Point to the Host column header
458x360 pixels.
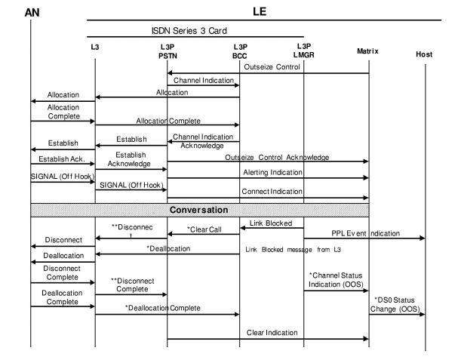(424, 54)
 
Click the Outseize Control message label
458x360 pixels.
(272, 66)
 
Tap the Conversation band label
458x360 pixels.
(200, 209)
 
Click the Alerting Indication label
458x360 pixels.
(272, 172)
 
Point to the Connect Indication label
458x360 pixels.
(272, 190)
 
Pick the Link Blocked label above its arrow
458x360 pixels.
(271, 223)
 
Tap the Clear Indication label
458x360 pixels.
(269, 332)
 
